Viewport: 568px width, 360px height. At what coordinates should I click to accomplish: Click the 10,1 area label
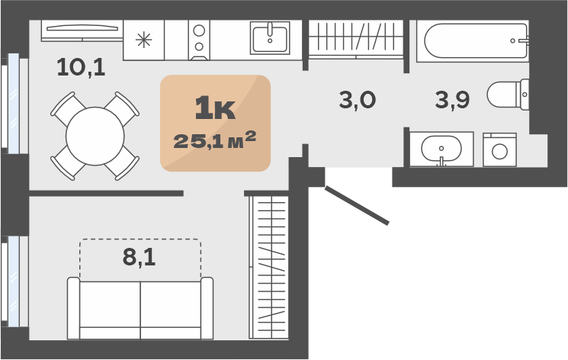point(81,67)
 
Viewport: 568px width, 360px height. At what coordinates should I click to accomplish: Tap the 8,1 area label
point(139,257)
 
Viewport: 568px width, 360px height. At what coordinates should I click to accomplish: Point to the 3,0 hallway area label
point(358,100)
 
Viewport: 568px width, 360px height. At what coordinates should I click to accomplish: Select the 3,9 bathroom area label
point(452,100)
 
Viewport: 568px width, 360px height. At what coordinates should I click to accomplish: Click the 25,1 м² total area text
point(215,140)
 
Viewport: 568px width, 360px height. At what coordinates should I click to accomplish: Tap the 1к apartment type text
point(215,108)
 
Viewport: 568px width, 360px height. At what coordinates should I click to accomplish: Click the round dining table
point(95,137)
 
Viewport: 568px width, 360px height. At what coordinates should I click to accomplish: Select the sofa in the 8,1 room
point(140,308)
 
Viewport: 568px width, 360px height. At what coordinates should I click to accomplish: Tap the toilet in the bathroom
point(508,95)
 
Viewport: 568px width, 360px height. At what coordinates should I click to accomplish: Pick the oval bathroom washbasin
point(441,149)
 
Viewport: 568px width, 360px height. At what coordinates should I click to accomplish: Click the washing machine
point(499,149)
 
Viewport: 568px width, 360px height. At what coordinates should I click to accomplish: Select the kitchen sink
point(270,38)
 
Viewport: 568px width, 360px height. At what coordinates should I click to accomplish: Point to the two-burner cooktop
point(199,40)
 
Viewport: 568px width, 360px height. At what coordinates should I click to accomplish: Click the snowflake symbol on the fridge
point(144,40)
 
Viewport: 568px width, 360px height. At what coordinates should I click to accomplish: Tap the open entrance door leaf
point(357,206)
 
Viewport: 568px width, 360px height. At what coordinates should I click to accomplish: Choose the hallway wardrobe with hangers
point(356,39)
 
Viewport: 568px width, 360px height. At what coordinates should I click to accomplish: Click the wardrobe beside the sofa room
point(269,268)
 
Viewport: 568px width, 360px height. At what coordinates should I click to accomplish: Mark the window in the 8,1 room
point(14,281)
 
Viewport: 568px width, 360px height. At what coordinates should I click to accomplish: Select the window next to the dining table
point(14,104)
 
